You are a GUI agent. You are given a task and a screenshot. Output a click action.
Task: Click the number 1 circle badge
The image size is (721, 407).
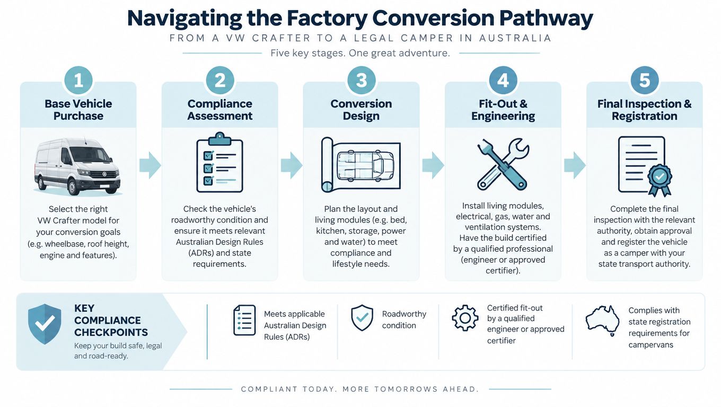[x=78, y=80]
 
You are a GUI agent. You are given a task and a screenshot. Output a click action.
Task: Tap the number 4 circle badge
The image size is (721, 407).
[x=503, y=80]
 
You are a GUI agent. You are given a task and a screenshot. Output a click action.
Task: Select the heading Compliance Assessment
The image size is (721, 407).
[x=220, y=110]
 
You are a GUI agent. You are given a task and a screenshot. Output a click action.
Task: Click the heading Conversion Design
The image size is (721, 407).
[x=361, y=110]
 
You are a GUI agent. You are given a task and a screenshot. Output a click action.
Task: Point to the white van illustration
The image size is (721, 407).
[x=77, y=166]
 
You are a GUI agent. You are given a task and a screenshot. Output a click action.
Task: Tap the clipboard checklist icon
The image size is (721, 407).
[x=220, y=162]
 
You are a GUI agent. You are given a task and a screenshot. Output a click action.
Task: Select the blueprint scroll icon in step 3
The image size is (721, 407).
[x=361, y=165]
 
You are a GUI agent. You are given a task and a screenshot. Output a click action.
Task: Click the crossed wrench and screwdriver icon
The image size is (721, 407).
[x=503, y=164]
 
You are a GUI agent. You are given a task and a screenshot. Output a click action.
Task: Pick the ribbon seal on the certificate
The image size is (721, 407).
[x=660, y=179]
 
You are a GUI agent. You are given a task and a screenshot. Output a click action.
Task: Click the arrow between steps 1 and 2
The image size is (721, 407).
[x=150, y=165]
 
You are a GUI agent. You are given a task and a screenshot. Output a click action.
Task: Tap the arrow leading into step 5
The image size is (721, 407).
[x=575, y=165]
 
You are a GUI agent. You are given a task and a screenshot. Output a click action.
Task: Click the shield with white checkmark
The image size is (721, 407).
[x=45, y=324]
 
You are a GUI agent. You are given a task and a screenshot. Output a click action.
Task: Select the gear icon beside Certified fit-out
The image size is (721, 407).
[x=465, y=318]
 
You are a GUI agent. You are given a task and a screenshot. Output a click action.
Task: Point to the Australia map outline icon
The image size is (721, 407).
[x=603, y=321]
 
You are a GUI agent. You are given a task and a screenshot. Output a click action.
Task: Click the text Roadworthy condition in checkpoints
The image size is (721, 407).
[x=404, y=320]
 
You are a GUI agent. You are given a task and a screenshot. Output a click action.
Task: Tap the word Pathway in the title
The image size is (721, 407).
[x=546, y=19]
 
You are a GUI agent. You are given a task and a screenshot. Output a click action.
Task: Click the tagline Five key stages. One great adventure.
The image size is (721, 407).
[x=360, y=53]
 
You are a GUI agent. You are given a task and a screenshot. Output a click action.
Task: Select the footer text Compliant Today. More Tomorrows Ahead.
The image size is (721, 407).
[x=360, y=390]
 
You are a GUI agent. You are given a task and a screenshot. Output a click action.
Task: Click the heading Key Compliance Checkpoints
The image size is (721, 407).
[x=111, y=320]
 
